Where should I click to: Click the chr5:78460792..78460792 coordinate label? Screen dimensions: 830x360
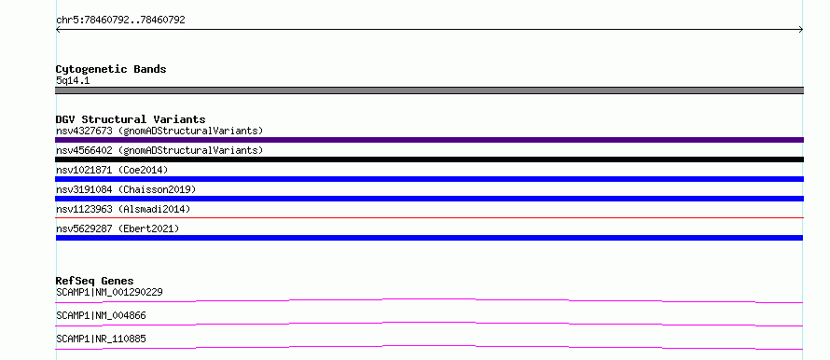coord(120,20)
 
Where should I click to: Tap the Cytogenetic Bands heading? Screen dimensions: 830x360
coord(111,69)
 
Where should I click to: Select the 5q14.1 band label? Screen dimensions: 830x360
coord(73,80)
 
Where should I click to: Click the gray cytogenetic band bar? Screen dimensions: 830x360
coord(429,90)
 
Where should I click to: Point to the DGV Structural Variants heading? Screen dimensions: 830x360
coord(131,119)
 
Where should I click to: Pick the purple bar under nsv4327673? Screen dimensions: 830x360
coord(429,140)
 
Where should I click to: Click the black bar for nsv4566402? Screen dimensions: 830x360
coord(429,159)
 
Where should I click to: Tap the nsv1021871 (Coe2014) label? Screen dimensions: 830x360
coord(112,170)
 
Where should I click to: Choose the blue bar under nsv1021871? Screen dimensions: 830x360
coord(429,179)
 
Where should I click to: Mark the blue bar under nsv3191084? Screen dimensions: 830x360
coord(429,199)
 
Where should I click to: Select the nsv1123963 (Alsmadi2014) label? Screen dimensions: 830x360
coord(123,209)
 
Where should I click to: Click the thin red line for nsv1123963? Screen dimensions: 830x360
coord(429,217)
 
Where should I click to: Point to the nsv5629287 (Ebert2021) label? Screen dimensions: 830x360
coord(118,228)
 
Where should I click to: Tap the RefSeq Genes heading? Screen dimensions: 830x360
coord(95,281)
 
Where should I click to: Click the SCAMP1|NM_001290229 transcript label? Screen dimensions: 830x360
coord(109,292)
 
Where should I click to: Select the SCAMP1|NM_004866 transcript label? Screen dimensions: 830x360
coord(101,315)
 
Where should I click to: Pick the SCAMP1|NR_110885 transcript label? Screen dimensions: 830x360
coord(101,339)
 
